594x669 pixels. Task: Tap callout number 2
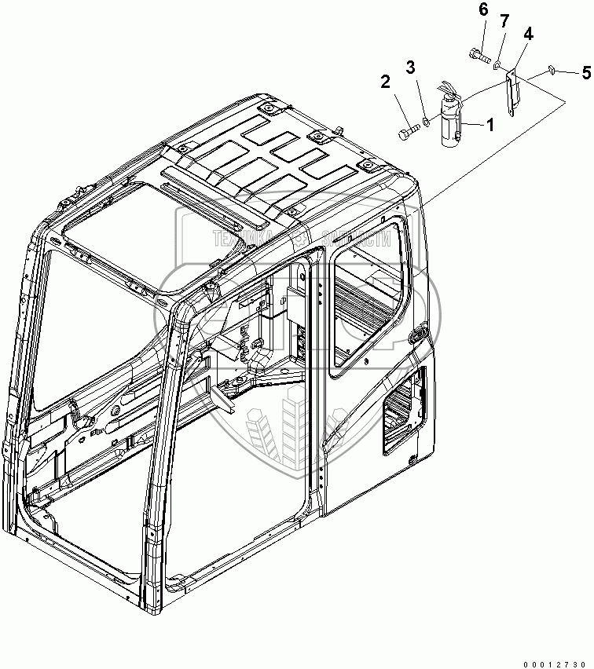(x=386, y=81)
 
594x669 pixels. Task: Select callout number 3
(x=409, y=68)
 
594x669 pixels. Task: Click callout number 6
(x=482, y=10)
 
